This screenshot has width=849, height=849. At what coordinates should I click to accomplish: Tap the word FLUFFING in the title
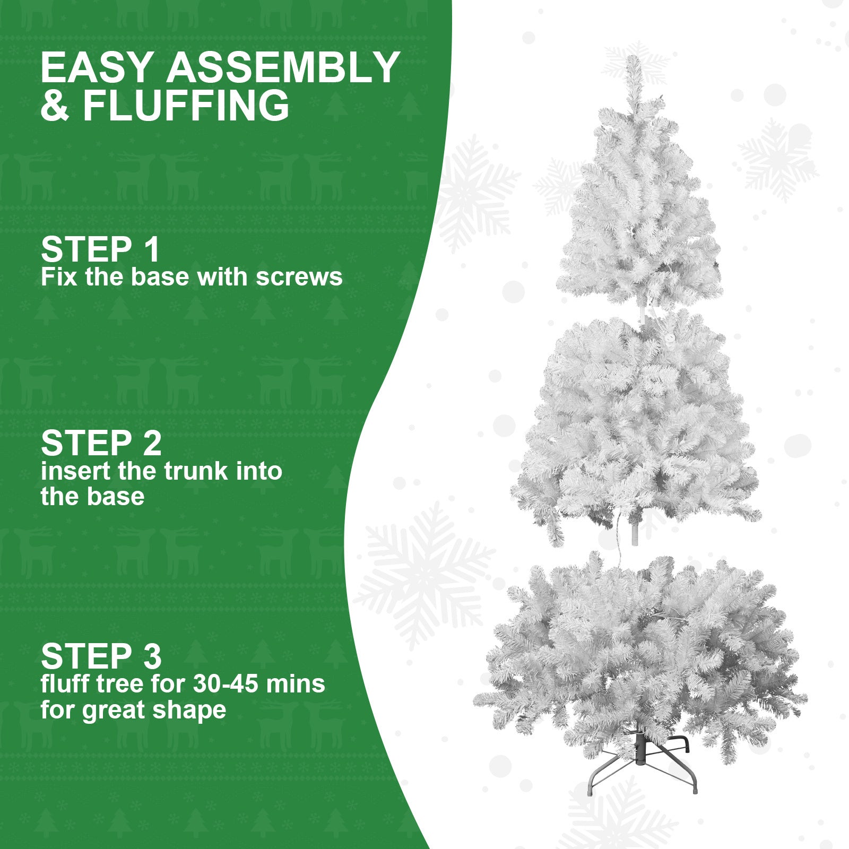(186, 106)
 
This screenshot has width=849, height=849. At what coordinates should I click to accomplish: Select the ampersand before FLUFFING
(55, 106)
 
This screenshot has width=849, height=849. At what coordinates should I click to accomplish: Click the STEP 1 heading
(100, 249)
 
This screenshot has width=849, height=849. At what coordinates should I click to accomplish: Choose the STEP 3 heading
(101, 656)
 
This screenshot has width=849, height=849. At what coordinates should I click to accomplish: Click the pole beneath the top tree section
(643, 314)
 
